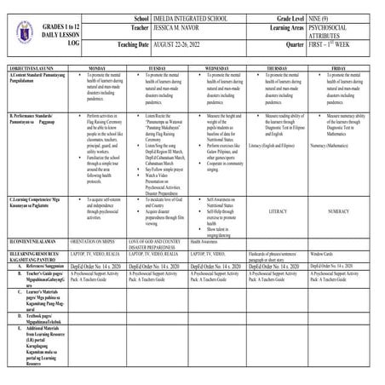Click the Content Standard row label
31,76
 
